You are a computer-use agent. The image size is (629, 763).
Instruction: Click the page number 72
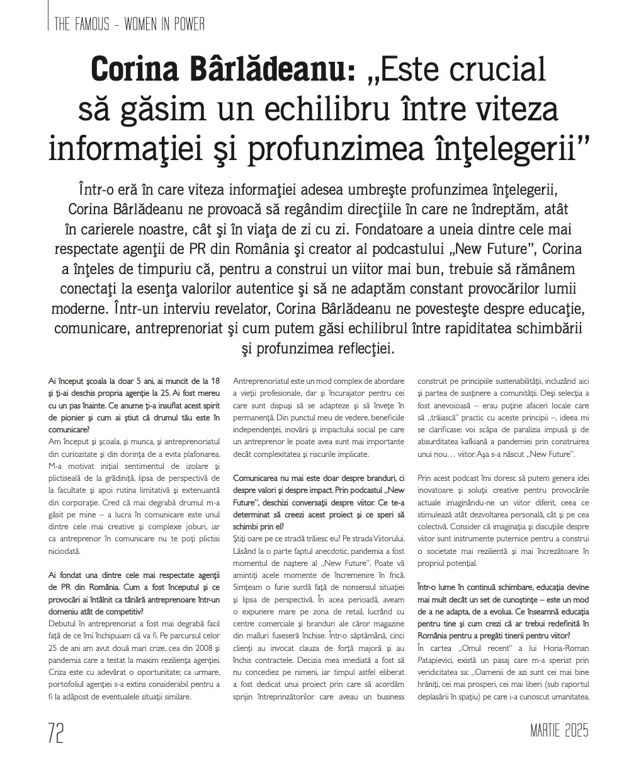(55, 733)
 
